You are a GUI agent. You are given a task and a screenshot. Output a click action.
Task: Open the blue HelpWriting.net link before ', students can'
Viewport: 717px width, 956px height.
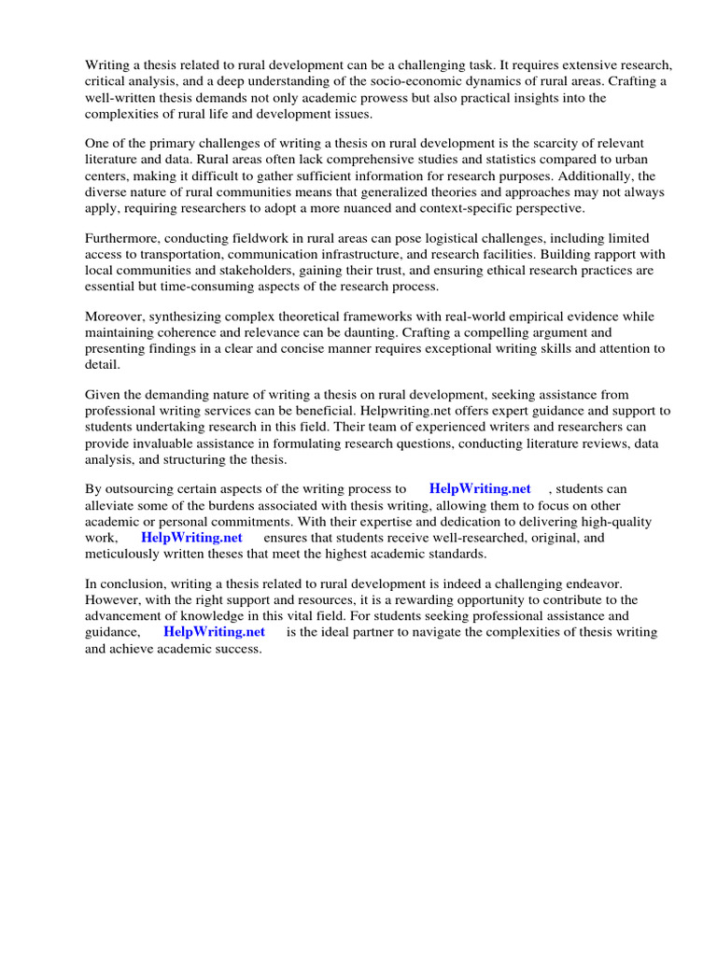point(480,489)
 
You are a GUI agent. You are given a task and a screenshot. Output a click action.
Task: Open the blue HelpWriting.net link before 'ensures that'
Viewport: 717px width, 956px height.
point(191,538)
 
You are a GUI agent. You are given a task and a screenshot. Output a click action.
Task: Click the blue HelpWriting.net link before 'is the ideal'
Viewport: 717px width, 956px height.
point(214,632)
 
